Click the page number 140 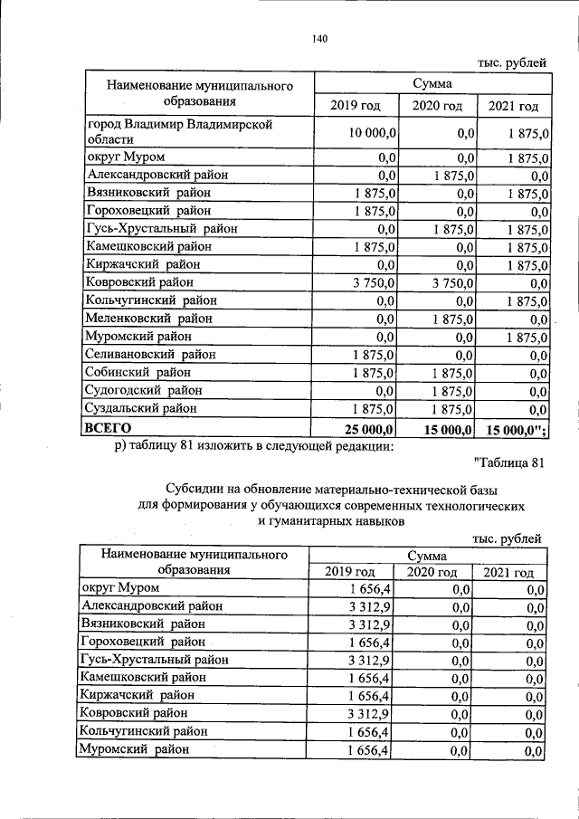point(318,39)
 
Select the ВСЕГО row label point(108,427)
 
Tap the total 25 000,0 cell point(365,428)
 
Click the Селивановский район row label point(156,355)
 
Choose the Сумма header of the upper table point(432,83)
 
